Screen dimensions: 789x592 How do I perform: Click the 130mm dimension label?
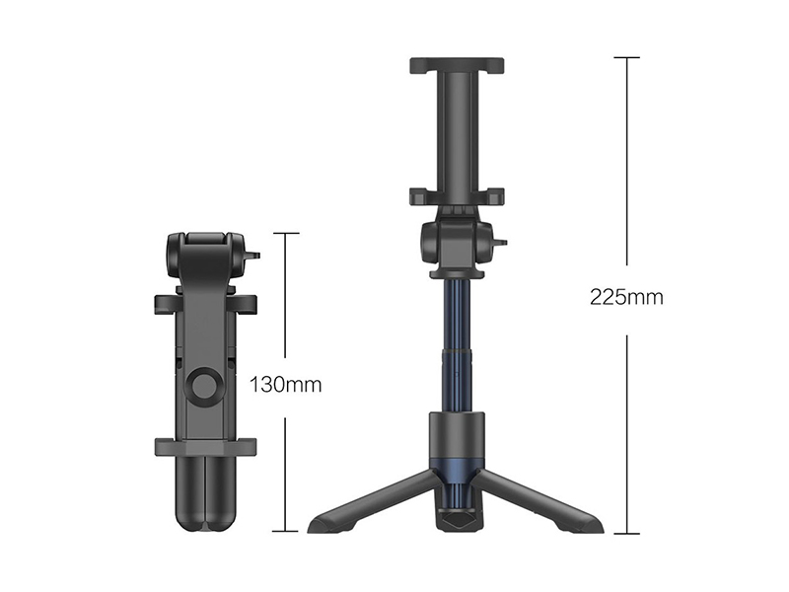[x=285, y=385]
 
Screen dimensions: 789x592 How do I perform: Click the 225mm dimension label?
[x=626, y=297]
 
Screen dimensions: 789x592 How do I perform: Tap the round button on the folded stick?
[x=204, y=386]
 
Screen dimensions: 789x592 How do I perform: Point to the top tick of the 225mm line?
[x=626, y=58]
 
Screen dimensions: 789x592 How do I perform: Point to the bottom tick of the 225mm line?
[x=626, y=533]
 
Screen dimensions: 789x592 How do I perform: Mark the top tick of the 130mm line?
[x=285, y=233]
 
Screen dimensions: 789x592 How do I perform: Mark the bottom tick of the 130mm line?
[x=285, y=531]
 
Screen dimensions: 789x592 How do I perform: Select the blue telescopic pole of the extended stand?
[x=458, y=346]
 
